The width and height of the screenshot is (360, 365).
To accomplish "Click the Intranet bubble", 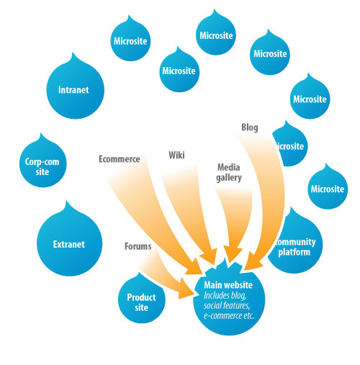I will coord(73,91).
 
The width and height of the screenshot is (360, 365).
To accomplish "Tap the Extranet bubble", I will coord(69,244).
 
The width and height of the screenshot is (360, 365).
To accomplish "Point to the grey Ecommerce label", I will coord(120,159).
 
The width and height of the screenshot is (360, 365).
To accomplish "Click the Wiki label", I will coord(176,155).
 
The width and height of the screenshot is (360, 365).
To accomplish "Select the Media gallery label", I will coord(229,172).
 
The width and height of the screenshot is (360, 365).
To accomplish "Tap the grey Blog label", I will coord(249,128).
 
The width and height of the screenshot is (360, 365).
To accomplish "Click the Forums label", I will coord(138,246).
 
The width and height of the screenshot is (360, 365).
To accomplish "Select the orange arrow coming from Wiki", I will coord(194,216).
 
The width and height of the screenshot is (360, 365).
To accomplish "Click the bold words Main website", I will coord(230,286).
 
